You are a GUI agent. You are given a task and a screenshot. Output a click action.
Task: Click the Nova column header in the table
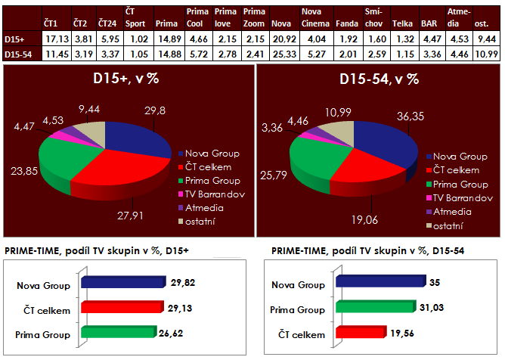pyautogui.click(x=281, y=24)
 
